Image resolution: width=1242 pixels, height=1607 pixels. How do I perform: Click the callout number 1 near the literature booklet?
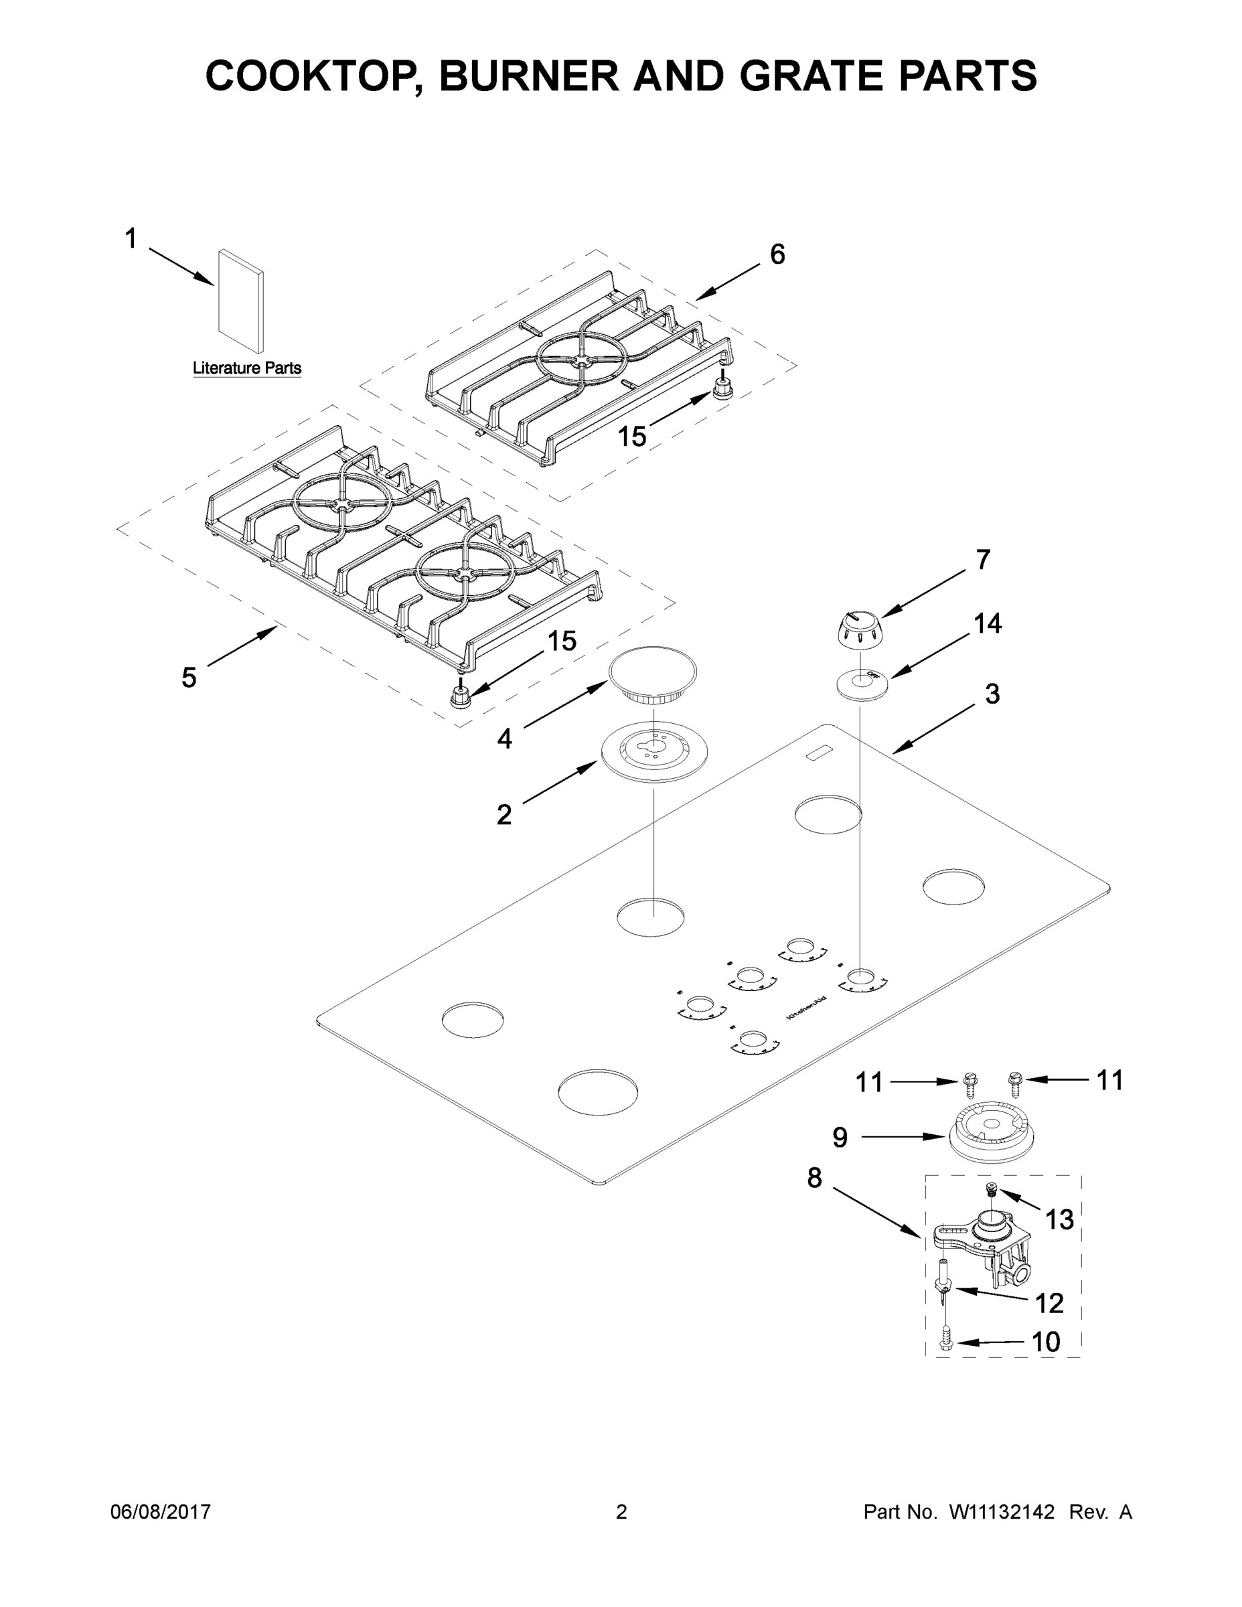tap(131, 238)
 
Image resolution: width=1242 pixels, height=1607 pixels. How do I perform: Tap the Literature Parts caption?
tap(246, 368)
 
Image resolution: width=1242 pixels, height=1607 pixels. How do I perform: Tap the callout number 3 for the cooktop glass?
tap(992, 693)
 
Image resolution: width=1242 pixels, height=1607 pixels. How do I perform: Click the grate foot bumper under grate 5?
tap(460, 694)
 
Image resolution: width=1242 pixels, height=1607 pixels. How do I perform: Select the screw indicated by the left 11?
tap(969, 1081)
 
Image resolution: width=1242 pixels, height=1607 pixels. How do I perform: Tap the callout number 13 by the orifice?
tap(1059, 1220)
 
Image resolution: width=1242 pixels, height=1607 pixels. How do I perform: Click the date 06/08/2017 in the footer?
tap(161, 1512)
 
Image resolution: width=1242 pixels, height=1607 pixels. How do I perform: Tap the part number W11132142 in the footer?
tap(1002, 1512)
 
